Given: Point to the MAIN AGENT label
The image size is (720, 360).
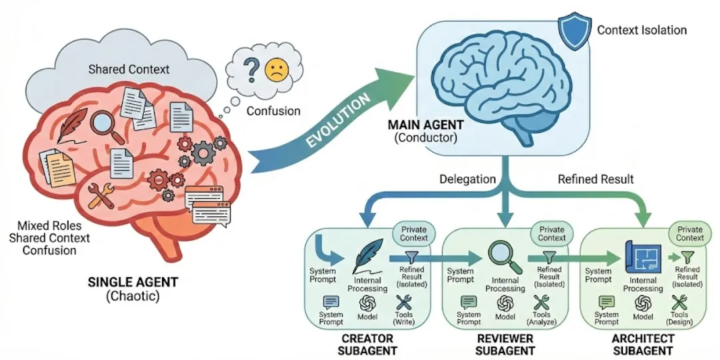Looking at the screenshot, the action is tap(426, 125).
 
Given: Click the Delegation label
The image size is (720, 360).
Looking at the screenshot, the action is tap(467, 179).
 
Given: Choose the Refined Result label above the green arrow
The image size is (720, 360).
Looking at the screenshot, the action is tap(595, 179).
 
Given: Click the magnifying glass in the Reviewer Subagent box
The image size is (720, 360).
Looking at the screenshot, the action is tap(503, 257).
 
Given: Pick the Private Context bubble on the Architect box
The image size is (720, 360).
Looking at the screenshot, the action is tap(690, 233).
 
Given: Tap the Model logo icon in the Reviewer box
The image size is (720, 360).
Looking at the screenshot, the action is tap(505, 303).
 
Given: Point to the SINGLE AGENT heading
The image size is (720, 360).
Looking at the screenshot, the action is tap(133, 281).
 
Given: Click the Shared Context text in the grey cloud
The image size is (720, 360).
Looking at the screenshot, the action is tap(129, 69).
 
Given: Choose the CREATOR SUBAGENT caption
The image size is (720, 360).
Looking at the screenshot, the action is tap(367, 345).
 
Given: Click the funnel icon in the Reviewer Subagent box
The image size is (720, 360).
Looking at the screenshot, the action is tap(547, 257).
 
